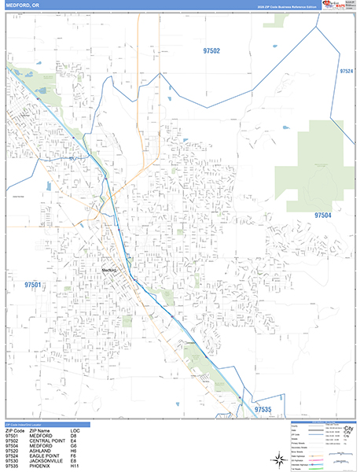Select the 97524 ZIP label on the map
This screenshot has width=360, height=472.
[347, 71]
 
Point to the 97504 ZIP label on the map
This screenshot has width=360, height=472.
[323, 215]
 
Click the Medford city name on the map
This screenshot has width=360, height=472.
[109, 271]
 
